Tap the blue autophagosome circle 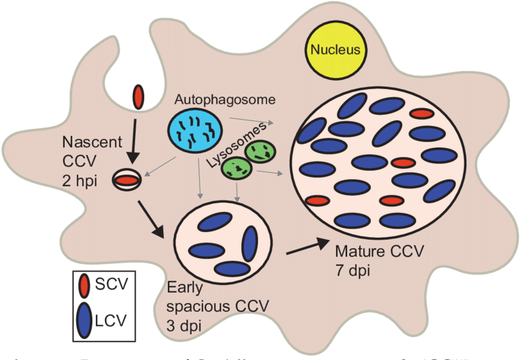pyautogui.click(x=195, y=130)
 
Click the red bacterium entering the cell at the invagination pyautogui.click(x=138, y=95)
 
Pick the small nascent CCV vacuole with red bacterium pyautogui.click(x=128, y=180)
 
